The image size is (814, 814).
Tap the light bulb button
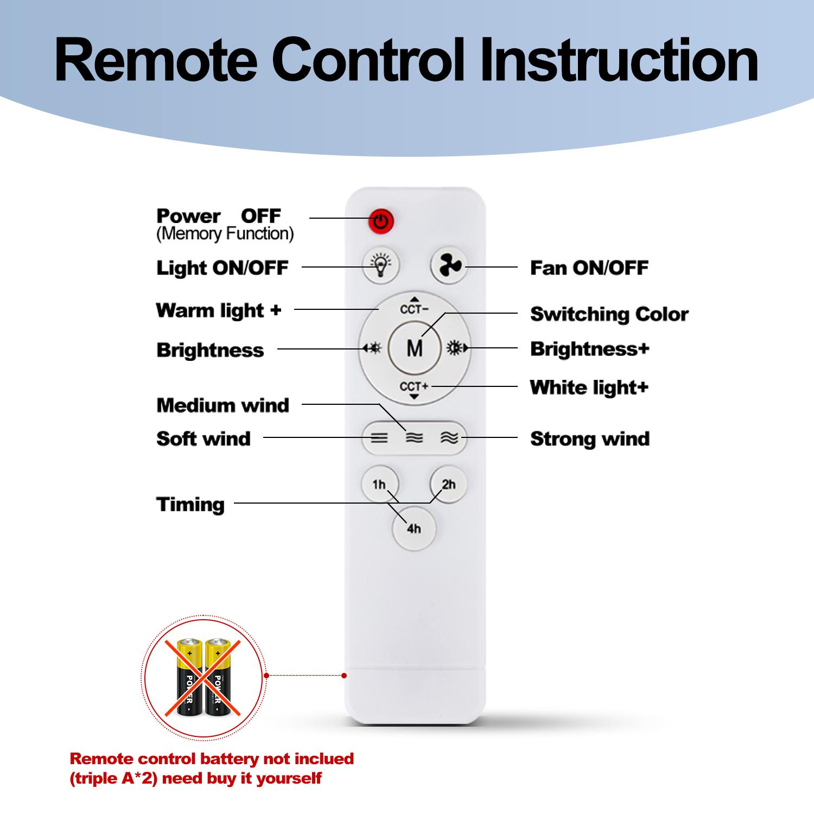click(381, 266)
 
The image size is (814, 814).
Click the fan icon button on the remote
click(449, 266)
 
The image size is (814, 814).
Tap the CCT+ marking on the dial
click(415, 386)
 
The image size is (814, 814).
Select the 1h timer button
click(379, 484)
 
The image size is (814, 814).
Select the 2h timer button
click(449, 484)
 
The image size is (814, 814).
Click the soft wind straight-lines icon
click(379, 438)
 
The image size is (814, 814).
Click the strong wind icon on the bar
click(449, 438)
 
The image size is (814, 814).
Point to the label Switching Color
click(609, 314)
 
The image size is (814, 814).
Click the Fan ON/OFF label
click(589, 268)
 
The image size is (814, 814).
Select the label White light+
click(589, 387)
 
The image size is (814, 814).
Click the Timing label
click(190, 505)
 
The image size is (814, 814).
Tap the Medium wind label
click(222, 405)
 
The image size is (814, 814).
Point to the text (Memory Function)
click(225, 234)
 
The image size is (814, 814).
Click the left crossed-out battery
click(187, 676)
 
